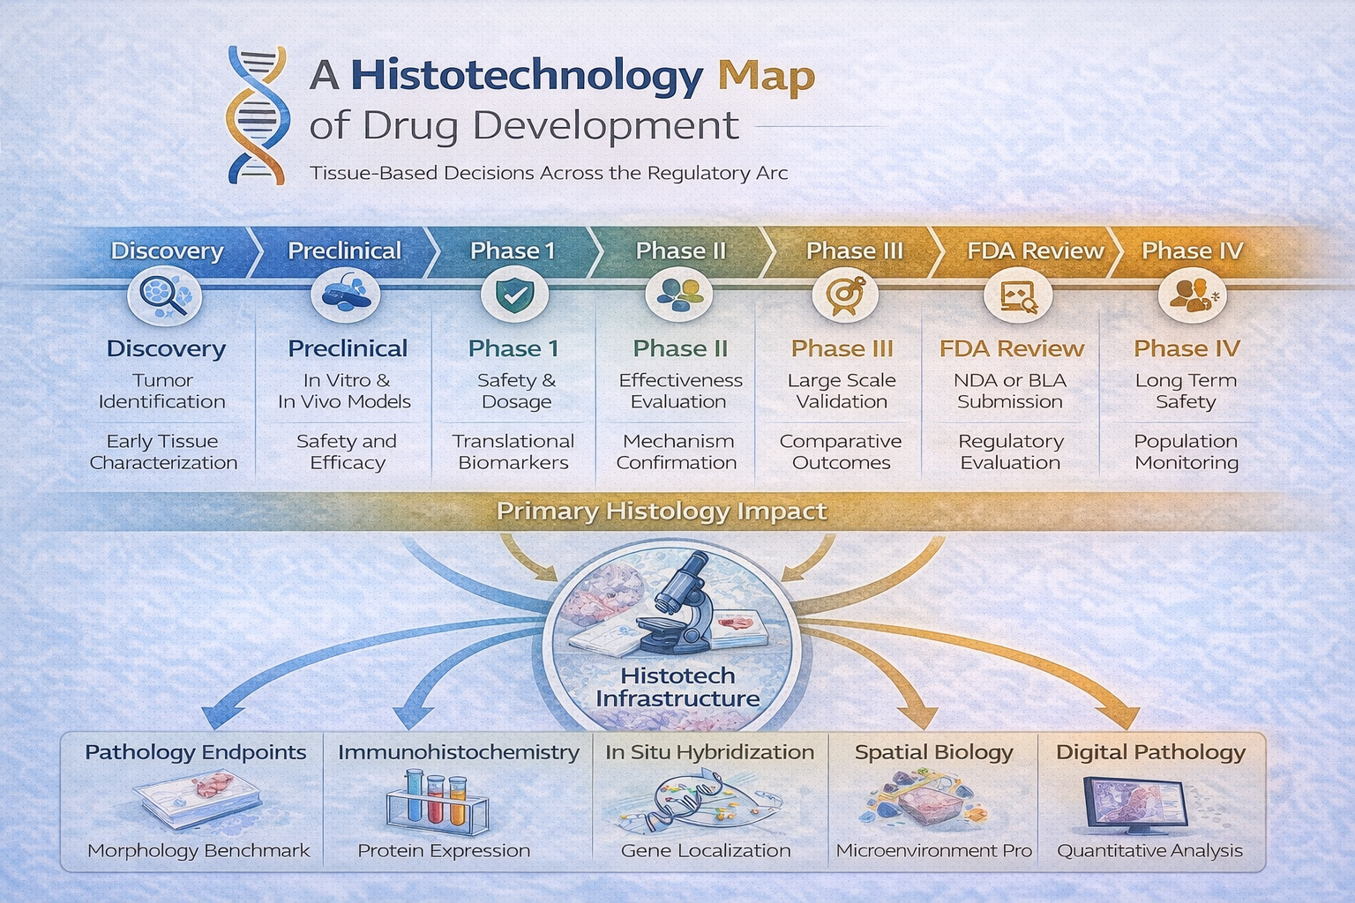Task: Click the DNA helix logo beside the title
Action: coord(257,115)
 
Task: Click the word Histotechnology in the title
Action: coord(527,76)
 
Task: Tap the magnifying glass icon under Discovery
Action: coord(164,295)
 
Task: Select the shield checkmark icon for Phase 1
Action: coord(514,295)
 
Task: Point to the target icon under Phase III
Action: coord(845,295)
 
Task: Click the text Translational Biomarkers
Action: coord(513,451)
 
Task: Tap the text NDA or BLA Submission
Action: coord(1010,391)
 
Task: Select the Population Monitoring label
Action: coord(1187,451)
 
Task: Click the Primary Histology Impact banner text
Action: coord(661,511)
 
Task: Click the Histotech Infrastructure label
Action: coord(677,687)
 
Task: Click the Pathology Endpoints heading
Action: coord(195,752)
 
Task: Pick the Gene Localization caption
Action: coord(706,850)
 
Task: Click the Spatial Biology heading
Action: coord(933,752)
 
